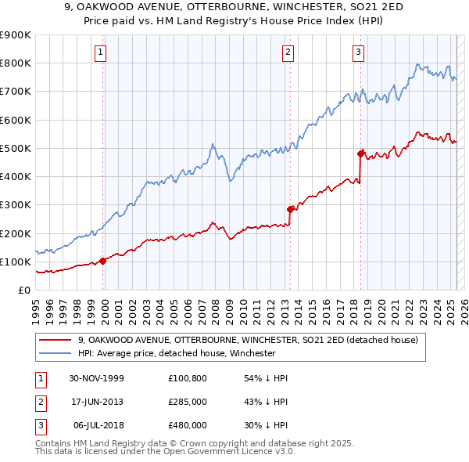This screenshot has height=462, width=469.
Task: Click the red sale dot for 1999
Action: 103,262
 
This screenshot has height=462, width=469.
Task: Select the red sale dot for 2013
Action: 290,209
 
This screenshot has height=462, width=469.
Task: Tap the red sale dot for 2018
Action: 360,153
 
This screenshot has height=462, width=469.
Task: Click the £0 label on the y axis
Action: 23,290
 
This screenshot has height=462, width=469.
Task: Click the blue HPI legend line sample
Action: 55,353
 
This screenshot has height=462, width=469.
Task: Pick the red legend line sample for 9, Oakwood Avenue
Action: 55,341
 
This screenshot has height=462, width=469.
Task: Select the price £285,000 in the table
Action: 188,402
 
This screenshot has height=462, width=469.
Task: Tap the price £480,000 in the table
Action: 188,425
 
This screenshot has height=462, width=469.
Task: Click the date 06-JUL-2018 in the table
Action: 97,425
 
